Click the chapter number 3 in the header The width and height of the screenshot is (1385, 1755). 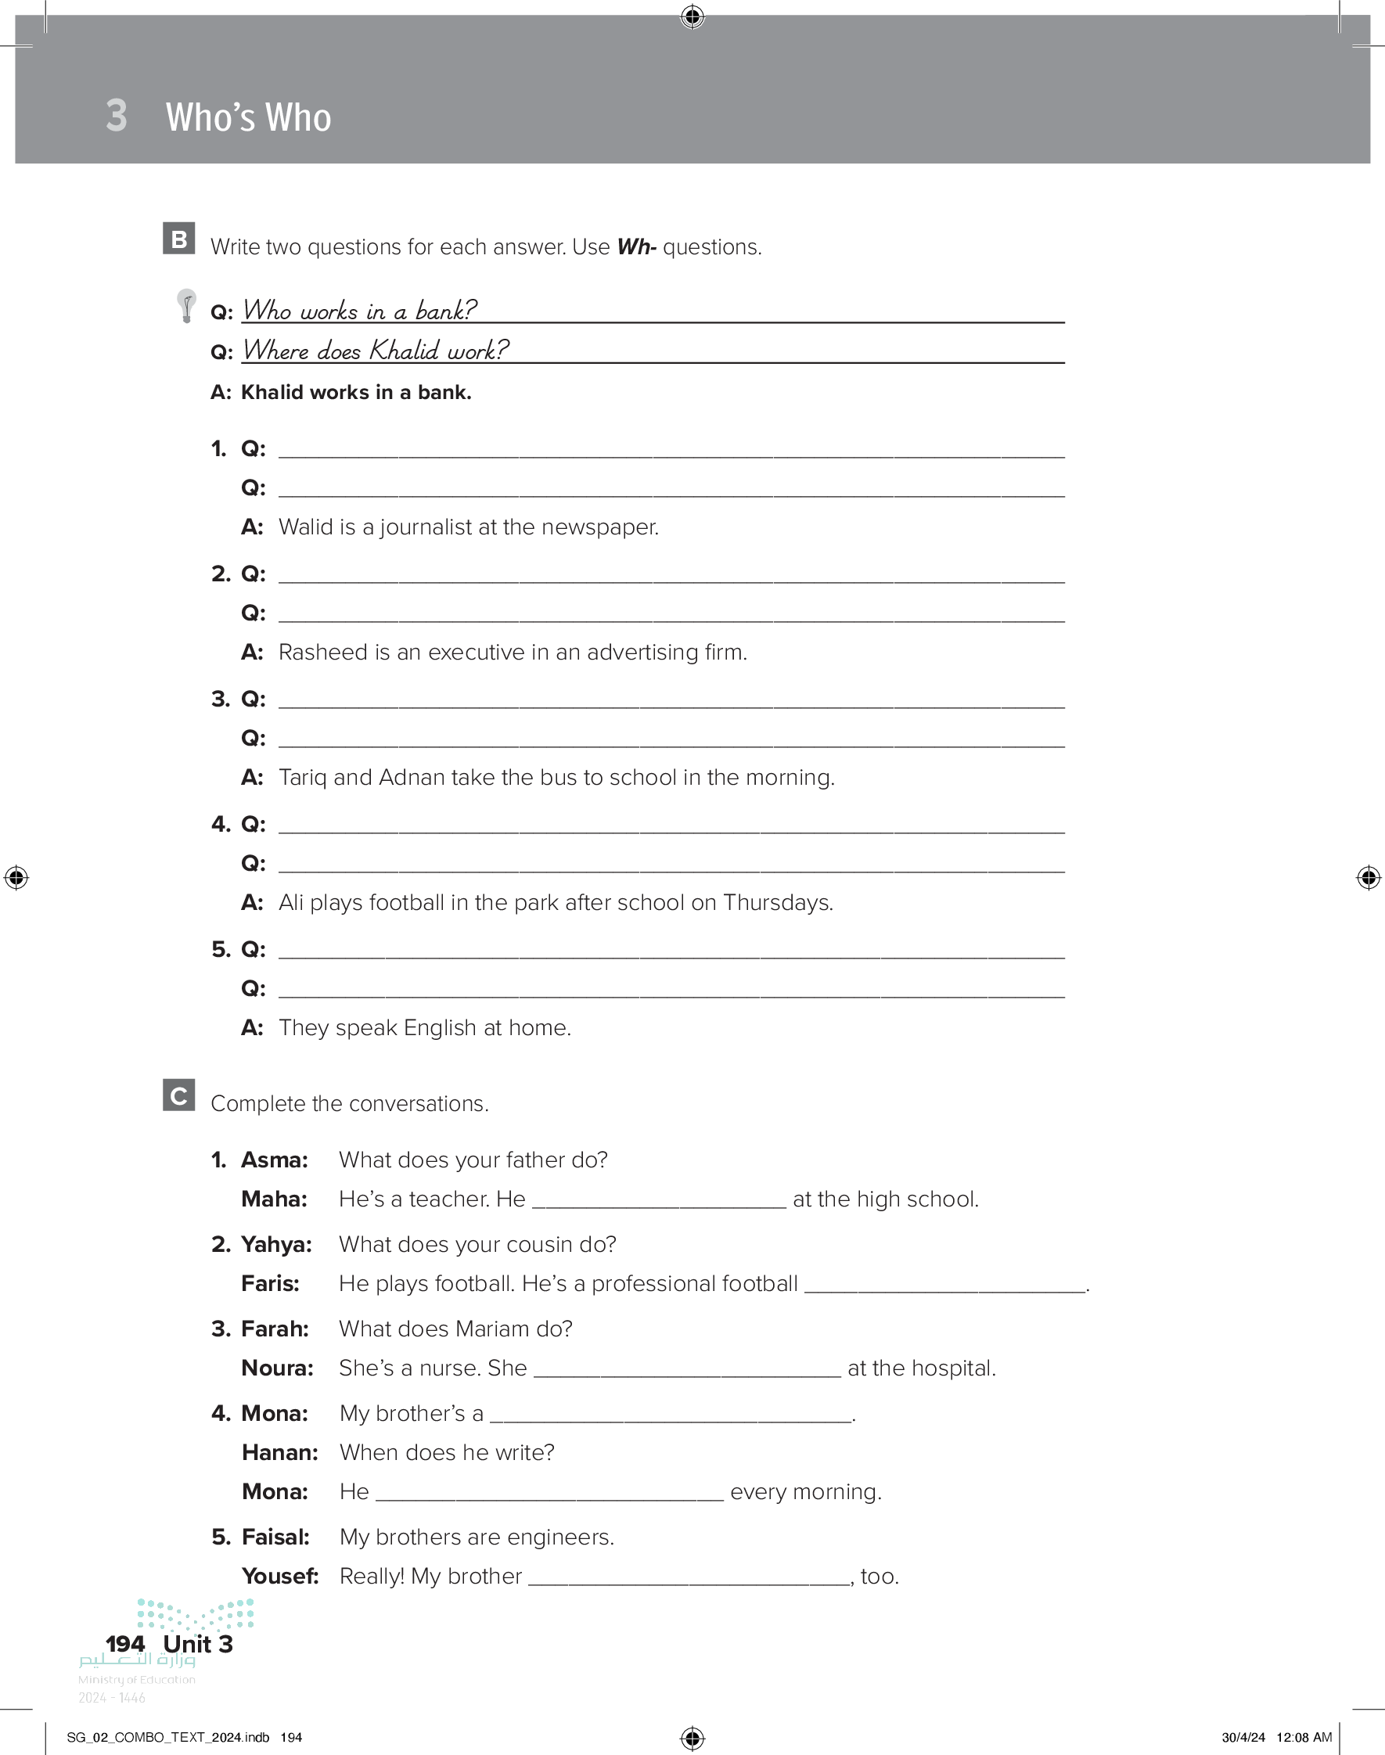[x=117, y=116]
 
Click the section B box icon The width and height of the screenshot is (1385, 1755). [x=178, y=239]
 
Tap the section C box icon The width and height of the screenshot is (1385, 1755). [x=178, y=1095]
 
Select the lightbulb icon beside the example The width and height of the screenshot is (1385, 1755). [x=186, y=306]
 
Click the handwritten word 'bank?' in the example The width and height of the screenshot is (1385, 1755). [x=445, y=311]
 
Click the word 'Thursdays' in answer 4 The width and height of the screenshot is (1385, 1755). [x=776, y=902]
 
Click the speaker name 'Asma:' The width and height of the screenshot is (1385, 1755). [x=274, y=1160]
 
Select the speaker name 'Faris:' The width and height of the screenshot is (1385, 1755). [x=270, y=1284]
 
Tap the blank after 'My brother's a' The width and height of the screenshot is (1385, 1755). [x=671, y=1415]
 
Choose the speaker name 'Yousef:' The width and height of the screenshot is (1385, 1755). [x=280, y=1577]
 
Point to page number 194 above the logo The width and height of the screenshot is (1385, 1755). [x=125, y=1644]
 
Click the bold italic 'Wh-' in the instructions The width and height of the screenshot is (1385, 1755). [x=636, y=246]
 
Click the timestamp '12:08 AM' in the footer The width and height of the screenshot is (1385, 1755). [x=1304, y=1738]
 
